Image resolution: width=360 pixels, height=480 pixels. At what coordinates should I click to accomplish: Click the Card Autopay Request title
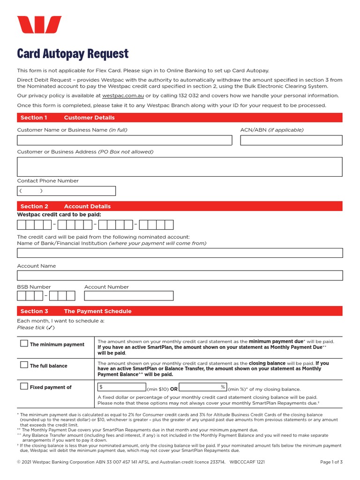tap(73, 53)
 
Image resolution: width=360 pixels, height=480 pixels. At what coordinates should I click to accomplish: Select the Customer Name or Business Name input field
tap(124, 140)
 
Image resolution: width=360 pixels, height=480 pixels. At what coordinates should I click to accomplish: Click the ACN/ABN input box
tap(291, 140)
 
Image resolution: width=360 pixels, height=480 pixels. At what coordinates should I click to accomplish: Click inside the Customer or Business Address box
tap(180, 167)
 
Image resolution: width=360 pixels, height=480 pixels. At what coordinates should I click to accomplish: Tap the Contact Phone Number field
tap(66, 191)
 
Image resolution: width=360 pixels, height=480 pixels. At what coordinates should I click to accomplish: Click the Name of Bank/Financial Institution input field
tap(180, 253)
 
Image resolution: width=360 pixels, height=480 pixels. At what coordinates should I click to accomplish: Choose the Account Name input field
tap(180, 275)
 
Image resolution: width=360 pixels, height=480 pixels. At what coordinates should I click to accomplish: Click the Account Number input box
tap(128, 296)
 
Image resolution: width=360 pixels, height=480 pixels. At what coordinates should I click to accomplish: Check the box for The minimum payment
tap(24, 344)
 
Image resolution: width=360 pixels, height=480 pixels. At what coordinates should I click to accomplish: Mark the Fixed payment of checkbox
tap(24, 387)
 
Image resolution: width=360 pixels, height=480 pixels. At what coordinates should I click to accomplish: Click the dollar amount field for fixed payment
tap(122, 387)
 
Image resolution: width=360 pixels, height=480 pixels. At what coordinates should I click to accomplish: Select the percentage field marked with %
tap(202, 387)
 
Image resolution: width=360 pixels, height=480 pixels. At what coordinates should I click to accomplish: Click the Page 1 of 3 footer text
tap(331, 462)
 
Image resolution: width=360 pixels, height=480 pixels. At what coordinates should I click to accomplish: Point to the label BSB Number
tap(34, 287)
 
